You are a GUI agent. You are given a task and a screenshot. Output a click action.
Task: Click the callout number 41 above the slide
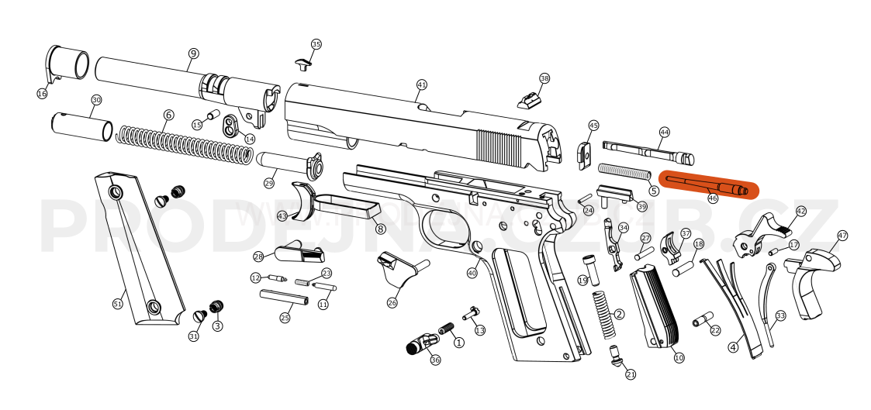coord(422,84)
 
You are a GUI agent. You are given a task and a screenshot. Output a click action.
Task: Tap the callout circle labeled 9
coord(193,53)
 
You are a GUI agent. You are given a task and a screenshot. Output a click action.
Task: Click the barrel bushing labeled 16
coord(65,64)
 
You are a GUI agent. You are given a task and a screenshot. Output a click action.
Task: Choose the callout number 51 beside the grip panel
coord(118,304)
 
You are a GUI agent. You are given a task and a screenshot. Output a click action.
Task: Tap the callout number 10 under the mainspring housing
coord(679,358)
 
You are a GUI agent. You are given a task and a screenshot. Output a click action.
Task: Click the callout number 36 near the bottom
coord(435,360)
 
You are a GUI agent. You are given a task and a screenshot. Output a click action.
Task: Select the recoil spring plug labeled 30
coord(81,126)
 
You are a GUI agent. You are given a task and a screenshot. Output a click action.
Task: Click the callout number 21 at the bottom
coord(631,374)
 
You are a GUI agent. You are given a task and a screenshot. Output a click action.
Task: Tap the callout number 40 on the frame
coord(472,273)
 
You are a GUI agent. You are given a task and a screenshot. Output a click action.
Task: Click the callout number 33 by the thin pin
coord(780,315)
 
